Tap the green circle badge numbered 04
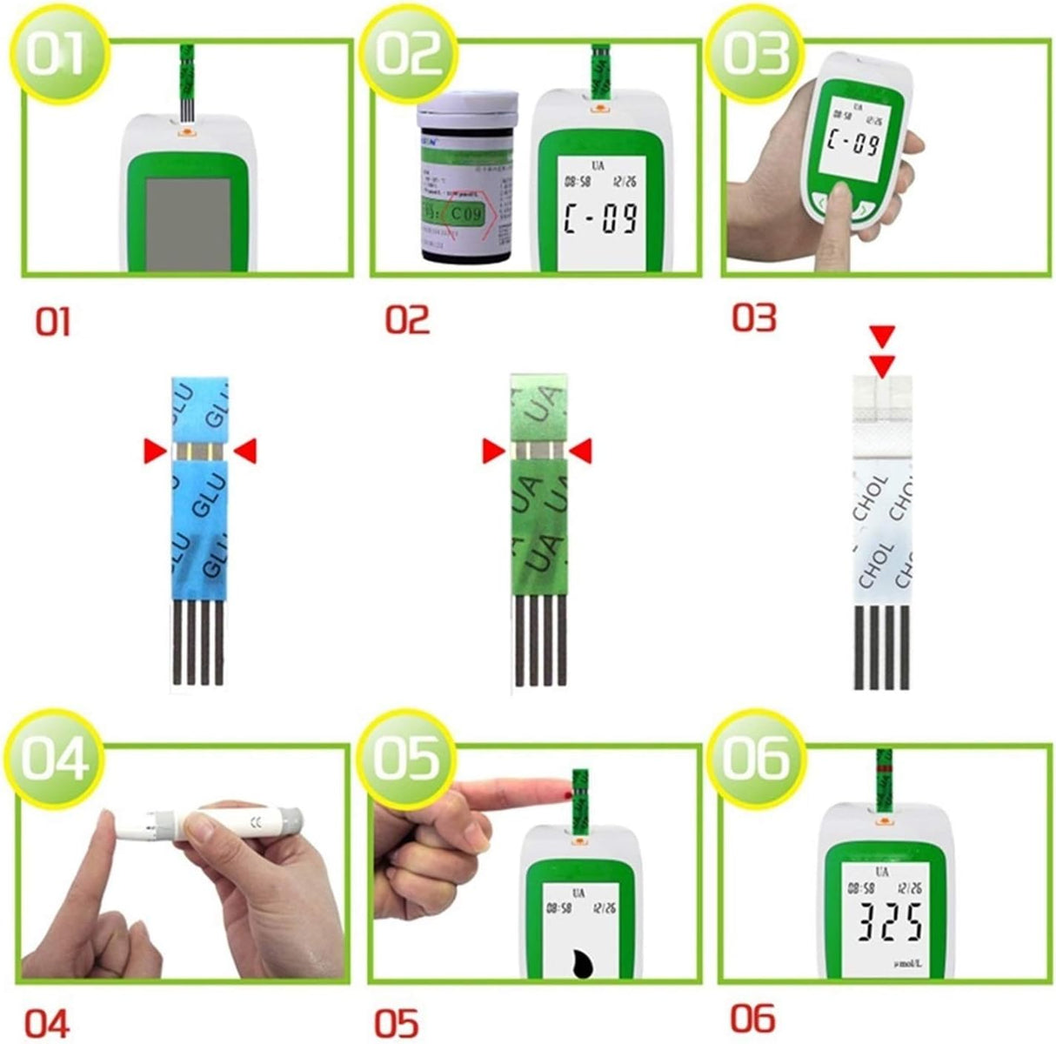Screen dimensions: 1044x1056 point(55,759)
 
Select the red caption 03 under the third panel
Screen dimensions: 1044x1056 point(753,318)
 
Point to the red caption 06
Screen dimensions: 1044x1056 point(752,1018)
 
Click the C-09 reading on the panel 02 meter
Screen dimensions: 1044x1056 point(601,217)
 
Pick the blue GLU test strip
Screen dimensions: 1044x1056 point(200,531)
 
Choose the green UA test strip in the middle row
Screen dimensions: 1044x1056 point(538,531)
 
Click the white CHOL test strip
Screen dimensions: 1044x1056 point(882,531)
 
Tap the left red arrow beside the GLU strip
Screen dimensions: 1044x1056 point(155,450)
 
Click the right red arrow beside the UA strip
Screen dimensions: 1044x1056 point(580,451)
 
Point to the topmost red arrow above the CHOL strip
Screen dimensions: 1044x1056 point(883,334)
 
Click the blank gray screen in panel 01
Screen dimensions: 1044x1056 point(187,224)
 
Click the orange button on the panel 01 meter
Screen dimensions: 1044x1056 point(185,132)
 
